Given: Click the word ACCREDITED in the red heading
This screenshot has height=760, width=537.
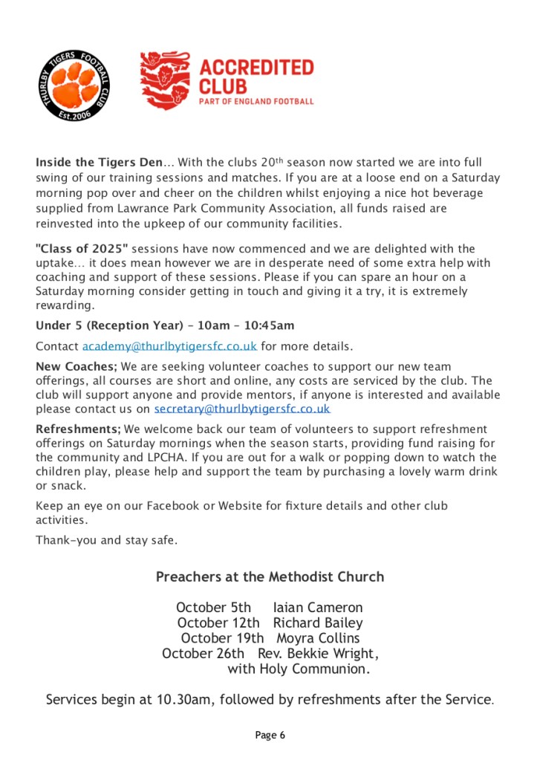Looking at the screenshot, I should [x=256, y=68].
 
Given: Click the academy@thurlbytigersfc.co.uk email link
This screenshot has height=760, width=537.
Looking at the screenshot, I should [x=169, y=346].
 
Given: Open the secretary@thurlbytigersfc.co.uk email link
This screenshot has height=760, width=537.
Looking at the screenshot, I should [x=242, y=409].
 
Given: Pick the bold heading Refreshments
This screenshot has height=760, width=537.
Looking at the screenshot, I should [x=78, y=429].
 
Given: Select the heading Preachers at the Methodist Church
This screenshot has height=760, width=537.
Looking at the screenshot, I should [x=270, y=577].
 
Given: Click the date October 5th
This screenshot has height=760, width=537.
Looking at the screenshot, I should [x=214, y=608].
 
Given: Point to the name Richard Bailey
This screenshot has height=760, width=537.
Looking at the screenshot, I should [x=318, y=623].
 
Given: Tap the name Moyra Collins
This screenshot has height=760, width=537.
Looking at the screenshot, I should [x=318, y=637].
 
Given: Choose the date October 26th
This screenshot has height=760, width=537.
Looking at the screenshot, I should [x=203, y=653].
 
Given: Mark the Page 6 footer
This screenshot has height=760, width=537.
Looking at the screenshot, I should [x=270, y=735].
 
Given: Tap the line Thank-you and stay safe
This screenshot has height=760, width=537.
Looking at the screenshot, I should [x=106, y=540].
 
